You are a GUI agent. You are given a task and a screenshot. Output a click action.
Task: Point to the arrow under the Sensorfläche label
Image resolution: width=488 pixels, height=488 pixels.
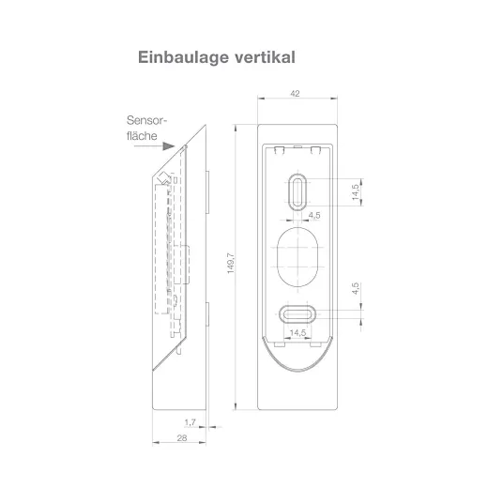pos(164,146)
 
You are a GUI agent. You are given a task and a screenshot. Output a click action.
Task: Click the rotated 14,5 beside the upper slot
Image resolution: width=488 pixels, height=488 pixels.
pos(356,191)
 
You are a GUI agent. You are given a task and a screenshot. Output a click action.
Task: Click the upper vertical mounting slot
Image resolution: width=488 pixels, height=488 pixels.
pos(297,191)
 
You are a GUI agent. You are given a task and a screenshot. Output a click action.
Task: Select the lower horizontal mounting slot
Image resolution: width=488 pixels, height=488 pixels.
pos(297,313)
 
